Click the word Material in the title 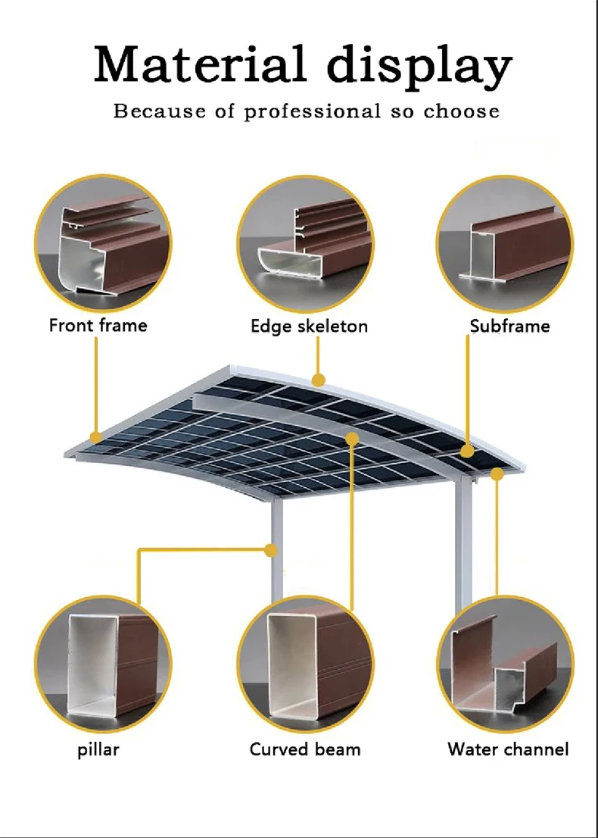(200, 64)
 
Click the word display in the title (419, 67)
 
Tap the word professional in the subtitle (313, 111)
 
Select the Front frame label (98, 325)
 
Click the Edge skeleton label (309, 326)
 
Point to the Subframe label (510, 326)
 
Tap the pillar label (98, 749)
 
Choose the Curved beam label (305, 749)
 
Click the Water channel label (509, 749)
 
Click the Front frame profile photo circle (103, 244)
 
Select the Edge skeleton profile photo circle (305, 244)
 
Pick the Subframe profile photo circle (505, 244)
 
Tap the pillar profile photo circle (103, 664)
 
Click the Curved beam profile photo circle (305, 664)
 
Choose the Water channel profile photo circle (505, 664)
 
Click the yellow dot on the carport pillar (272, 550)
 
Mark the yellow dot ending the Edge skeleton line (318, 380)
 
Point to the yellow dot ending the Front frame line (96, 438)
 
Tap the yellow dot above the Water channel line (497, 474)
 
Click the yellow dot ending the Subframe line (467, 451)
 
